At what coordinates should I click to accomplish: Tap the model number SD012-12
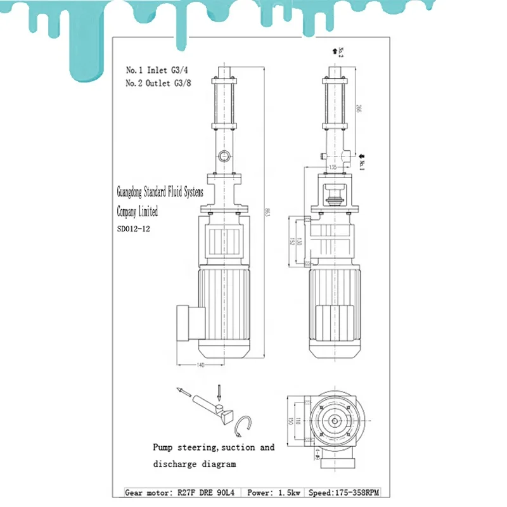pyautogui.click(x=133, y=229)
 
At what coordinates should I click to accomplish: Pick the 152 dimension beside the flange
pyautogui.click(x=292, y=241)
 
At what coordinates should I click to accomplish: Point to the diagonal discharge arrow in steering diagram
pyautogui.click(x=184, y=392)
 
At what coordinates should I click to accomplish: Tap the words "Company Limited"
pyautogui.click(x=138, y=212)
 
